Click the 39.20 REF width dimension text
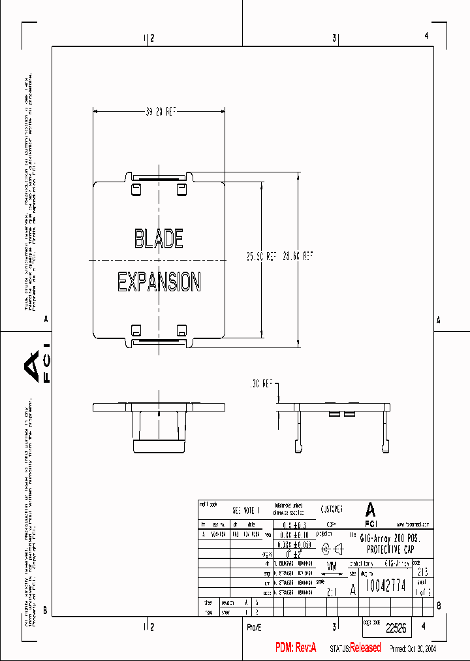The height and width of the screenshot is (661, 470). [161, 112]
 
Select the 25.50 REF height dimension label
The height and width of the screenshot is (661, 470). [260, 257]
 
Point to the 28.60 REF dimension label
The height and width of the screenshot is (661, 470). [298, 257]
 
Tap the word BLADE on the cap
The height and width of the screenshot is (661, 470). [159, 238]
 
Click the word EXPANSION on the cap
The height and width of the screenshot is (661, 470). [159, 282]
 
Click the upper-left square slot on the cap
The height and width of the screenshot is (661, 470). [137, 188]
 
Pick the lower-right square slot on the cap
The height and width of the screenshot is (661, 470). [181, 329]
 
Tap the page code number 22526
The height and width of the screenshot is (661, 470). [396, 628]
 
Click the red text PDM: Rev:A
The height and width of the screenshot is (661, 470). [295, 647]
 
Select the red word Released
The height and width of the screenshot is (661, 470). [365, 647]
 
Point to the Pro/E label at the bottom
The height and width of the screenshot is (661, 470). [254, 627]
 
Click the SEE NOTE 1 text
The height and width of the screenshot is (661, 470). [246, 510]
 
